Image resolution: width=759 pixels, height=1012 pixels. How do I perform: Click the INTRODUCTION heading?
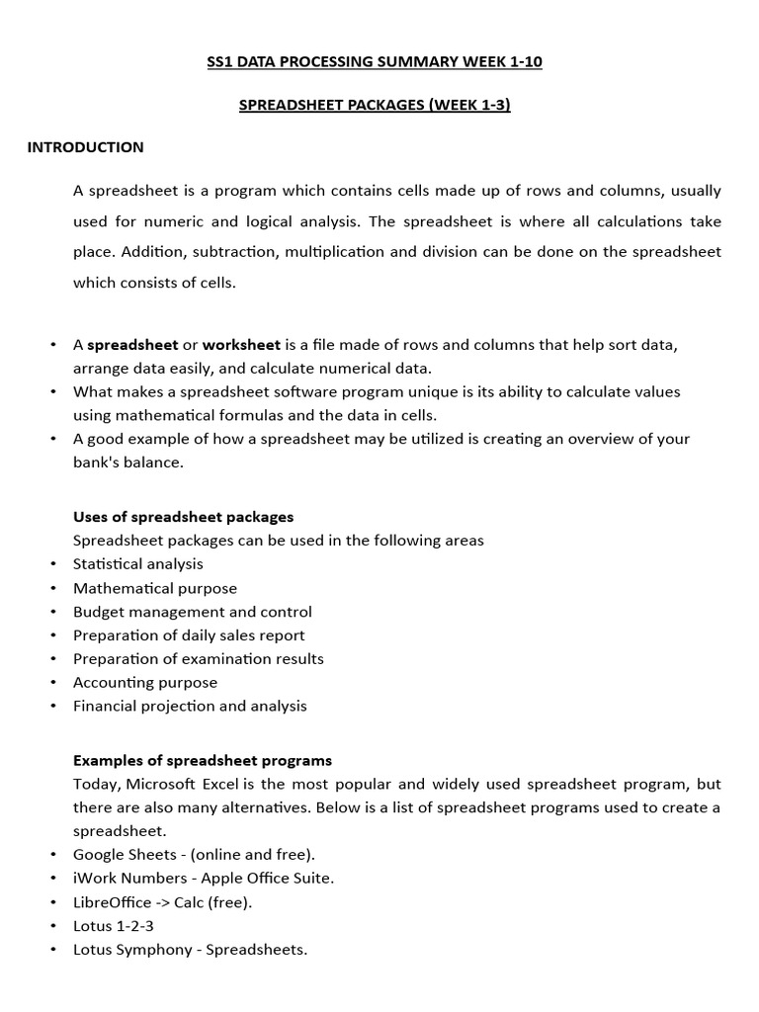[85, 147]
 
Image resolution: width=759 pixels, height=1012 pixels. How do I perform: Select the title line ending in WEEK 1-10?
[375, 62]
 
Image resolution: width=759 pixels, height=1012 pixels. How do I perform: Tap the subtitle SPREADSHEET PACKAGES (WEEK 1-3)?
[375, 105]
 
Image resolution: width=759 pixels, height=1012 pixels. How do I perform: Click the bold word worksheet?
[241, 345]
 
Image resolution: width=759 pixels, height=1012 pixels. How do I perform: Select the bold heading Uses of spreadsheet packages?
[183, 517]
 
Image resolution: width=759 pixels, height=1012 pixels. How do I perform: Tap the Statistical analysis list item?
[138, 564]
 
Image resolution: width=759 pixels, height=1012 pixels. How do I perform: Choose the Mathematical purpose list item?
[155, 588]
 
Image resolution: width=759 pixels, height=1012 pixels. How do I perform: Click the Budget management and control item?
[193, 612]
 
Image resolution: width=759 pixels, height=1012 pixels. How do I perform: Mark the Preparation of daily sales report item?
[189, 635]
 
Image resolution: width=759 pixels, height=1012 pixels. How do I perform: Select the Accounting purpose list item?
[145, 683]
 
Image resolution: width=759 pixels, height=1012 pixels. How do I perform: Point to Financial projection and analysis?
[190, 707]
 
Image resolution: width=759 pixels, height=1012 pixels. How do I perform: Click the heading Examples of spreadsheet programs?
[203, 761]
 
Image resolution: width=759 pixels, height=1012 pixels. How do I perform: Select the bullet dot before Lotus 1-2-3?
[51, 926]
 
